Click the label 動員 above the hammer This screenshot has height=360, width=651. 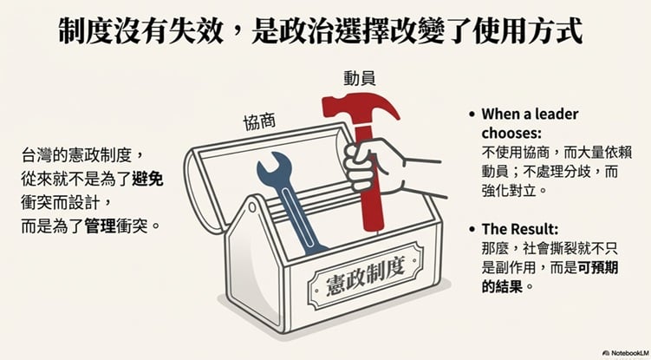[x=360, y=78]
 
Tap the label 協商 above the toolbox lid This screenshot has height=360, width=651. [x=259, y=121]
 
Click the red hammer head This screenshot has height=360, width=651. [x=361, y=109]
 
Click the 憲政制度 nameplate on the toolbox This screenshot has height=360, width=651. [x=365, y=273]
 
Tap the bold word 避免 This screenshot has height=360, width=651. [x=148, y=180]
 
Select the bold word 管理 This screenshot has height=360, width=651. [x=101, y=227]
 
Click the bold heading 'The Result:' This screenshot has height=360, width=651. [x=520, y=229]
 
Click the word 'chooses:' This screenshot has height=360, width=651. [x=511, y=133]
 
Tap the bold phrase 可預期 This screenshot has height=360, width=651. [x=598, y=268]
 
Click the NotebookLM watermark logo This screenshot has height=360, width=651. [x=607, y=353]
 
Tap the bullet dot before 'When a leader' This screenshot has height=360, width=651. [x=472, y=114]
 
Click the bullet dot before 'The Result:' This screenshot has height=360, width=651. [x=472, y=229]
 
